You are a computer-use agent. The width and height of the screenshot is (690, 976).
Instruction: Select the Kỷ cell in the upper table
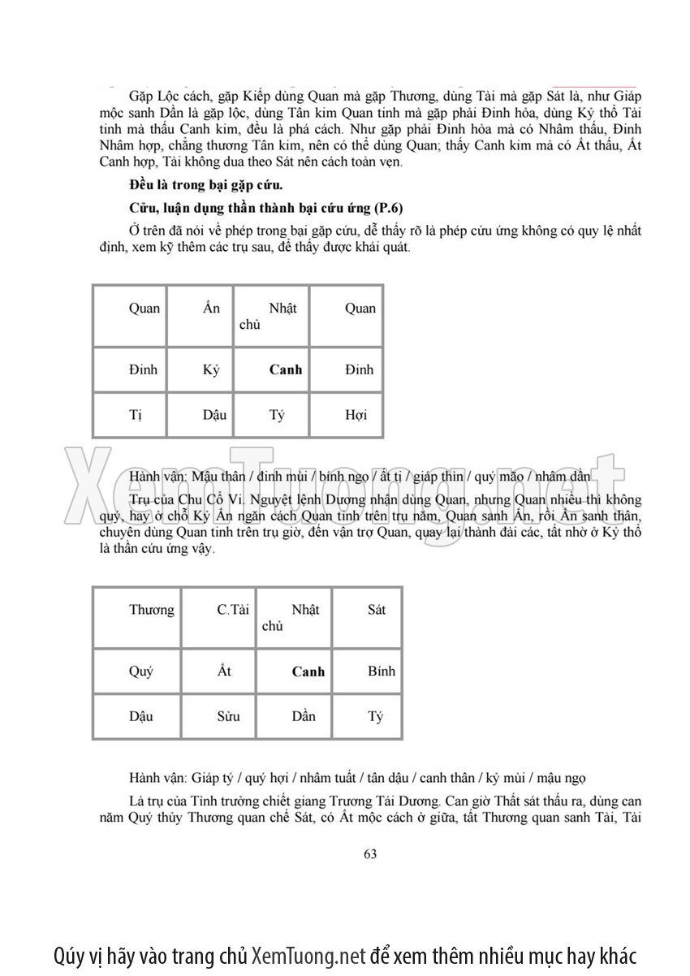[x=211, y=369]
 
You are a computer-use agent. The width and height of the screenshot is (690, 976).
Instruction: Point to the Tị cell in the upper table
[x=136, y=415]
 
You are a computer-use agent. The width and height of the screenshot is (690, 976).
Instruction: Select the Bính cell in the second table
[x=381, y=672]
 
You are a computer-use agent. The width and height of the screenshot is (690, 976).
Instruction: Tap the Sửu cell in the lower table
[x=229, y=717]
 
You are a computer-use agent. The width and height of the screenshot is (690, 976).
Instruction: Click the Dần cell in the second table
[x=304, y=717]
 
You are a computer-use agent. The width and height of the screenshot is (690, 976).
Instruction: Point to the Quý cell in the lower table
[x=141, y=672]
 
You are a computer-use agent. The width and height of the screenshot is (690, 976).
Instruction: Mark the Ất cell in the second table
[x=225, y=672]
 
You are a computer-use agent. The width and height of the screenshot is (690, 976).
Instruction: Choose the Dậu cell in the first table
[x=214, y=415]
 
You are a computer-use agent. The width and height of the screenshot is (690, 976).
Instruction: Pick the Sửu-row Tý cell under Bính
[x=375, y=717]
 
